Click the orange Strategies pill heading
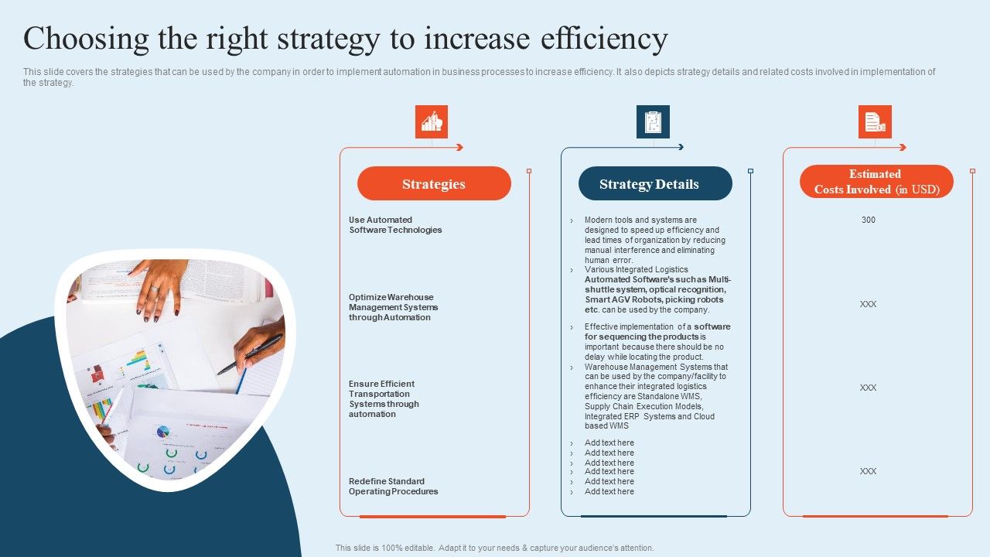tap(434, 184)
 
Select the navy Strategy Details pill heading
tap(655, 184)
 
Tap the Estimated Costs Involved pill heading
tap(876, 182)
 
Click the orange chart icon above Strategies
tap(432, 122)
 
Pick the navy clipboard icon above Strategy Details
tap(653, 122)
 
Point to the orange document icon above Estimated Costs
tap(875, 122)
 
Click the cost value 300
tap(869, 220)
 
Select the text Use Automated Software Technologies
tap(395, 225)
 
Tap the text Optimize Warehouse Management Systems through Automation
tap(393, 307)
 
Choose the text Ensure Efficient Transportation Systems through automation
tap(383, 398)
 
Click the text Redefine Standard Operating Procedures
tap(393, 487)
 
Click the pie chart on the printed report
tap(163, 432)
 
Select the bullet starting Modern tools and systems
tap(654, 240)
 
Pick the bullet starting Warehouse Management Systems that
tap(655, 396)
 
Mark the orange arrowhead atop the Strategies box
tap(459, 147)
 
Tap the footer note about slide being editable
tap(494, 548)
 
